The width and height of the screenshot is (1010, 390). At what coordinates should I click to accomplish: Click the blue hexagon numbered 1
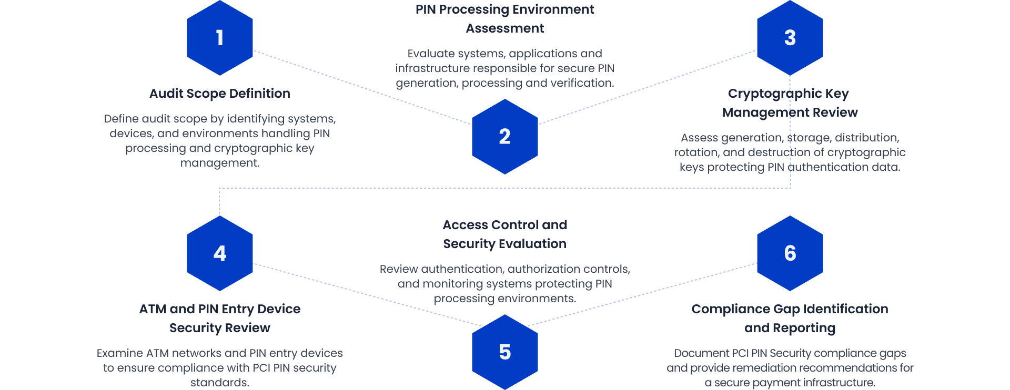coord(220,38)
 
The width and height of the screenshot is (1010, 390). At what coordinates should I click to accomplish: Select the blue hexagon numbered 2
coord(504,137)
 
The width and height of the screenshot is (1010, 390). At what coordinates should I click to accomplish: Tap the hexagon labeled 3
coord(790,38)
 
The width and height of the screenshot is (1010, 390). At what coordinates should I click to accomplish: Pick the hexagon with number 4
coord(220,253)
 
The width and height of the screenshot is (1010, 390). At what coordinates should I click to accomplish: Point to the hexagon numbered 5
coord(504,352)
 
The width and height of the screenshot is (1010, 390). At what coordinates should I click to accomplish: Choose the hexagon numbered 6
coord(790,253)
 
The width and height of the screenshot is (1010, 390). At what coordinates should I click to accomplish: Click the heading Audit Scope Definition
coord(220,94)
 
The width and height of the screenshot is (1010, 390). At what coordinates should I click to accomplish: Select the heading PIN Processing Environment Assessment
coord(504,19)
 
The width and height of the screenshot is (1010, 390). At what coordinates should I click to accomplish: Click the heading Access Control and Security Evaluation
coord(504,234)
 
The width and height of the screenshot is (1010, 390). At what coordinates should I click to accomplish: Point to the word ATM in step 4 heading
coord(153,309)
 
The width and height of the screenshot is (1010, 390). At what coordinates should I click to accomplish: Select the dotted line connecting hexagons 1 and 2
coord(363,88)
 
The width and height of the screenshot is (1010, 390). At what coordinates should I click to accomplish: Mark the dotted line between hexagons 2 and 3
coord(647,87)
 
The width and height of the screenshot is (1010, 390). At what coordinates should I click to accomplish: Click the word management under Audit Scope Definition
coord(220,163)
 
